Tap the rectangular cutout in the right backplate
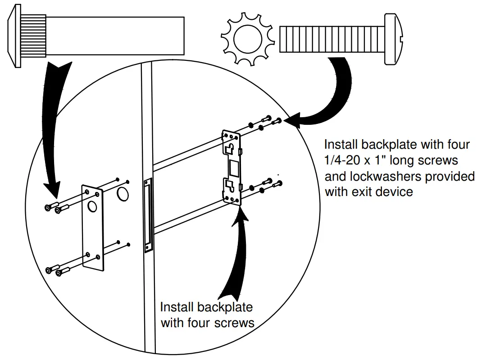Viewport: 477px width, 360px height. pos(234,169)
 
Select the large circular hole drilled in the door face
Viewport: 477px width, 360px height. pos(122,195)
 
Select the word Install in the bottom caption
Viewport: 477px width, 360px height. pos(177,308)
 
